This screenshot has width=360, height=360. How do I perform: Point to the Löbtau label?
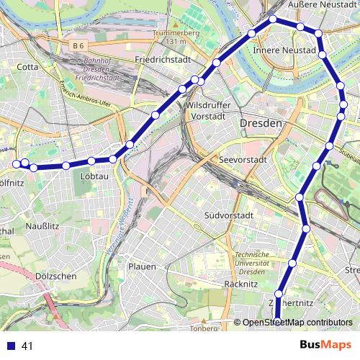96,175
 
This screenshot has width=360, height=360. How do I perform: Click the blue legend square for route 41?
9,346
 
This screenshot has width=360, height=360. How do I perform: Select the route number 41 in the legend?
28,346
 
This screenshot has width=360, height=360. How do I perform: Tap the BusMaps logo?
325,345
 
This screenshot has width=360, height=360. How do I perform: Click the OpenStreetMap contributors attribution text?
297,323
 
